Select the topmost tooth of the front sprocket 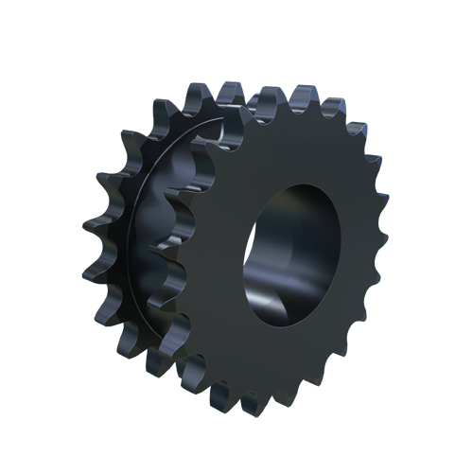305,96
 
